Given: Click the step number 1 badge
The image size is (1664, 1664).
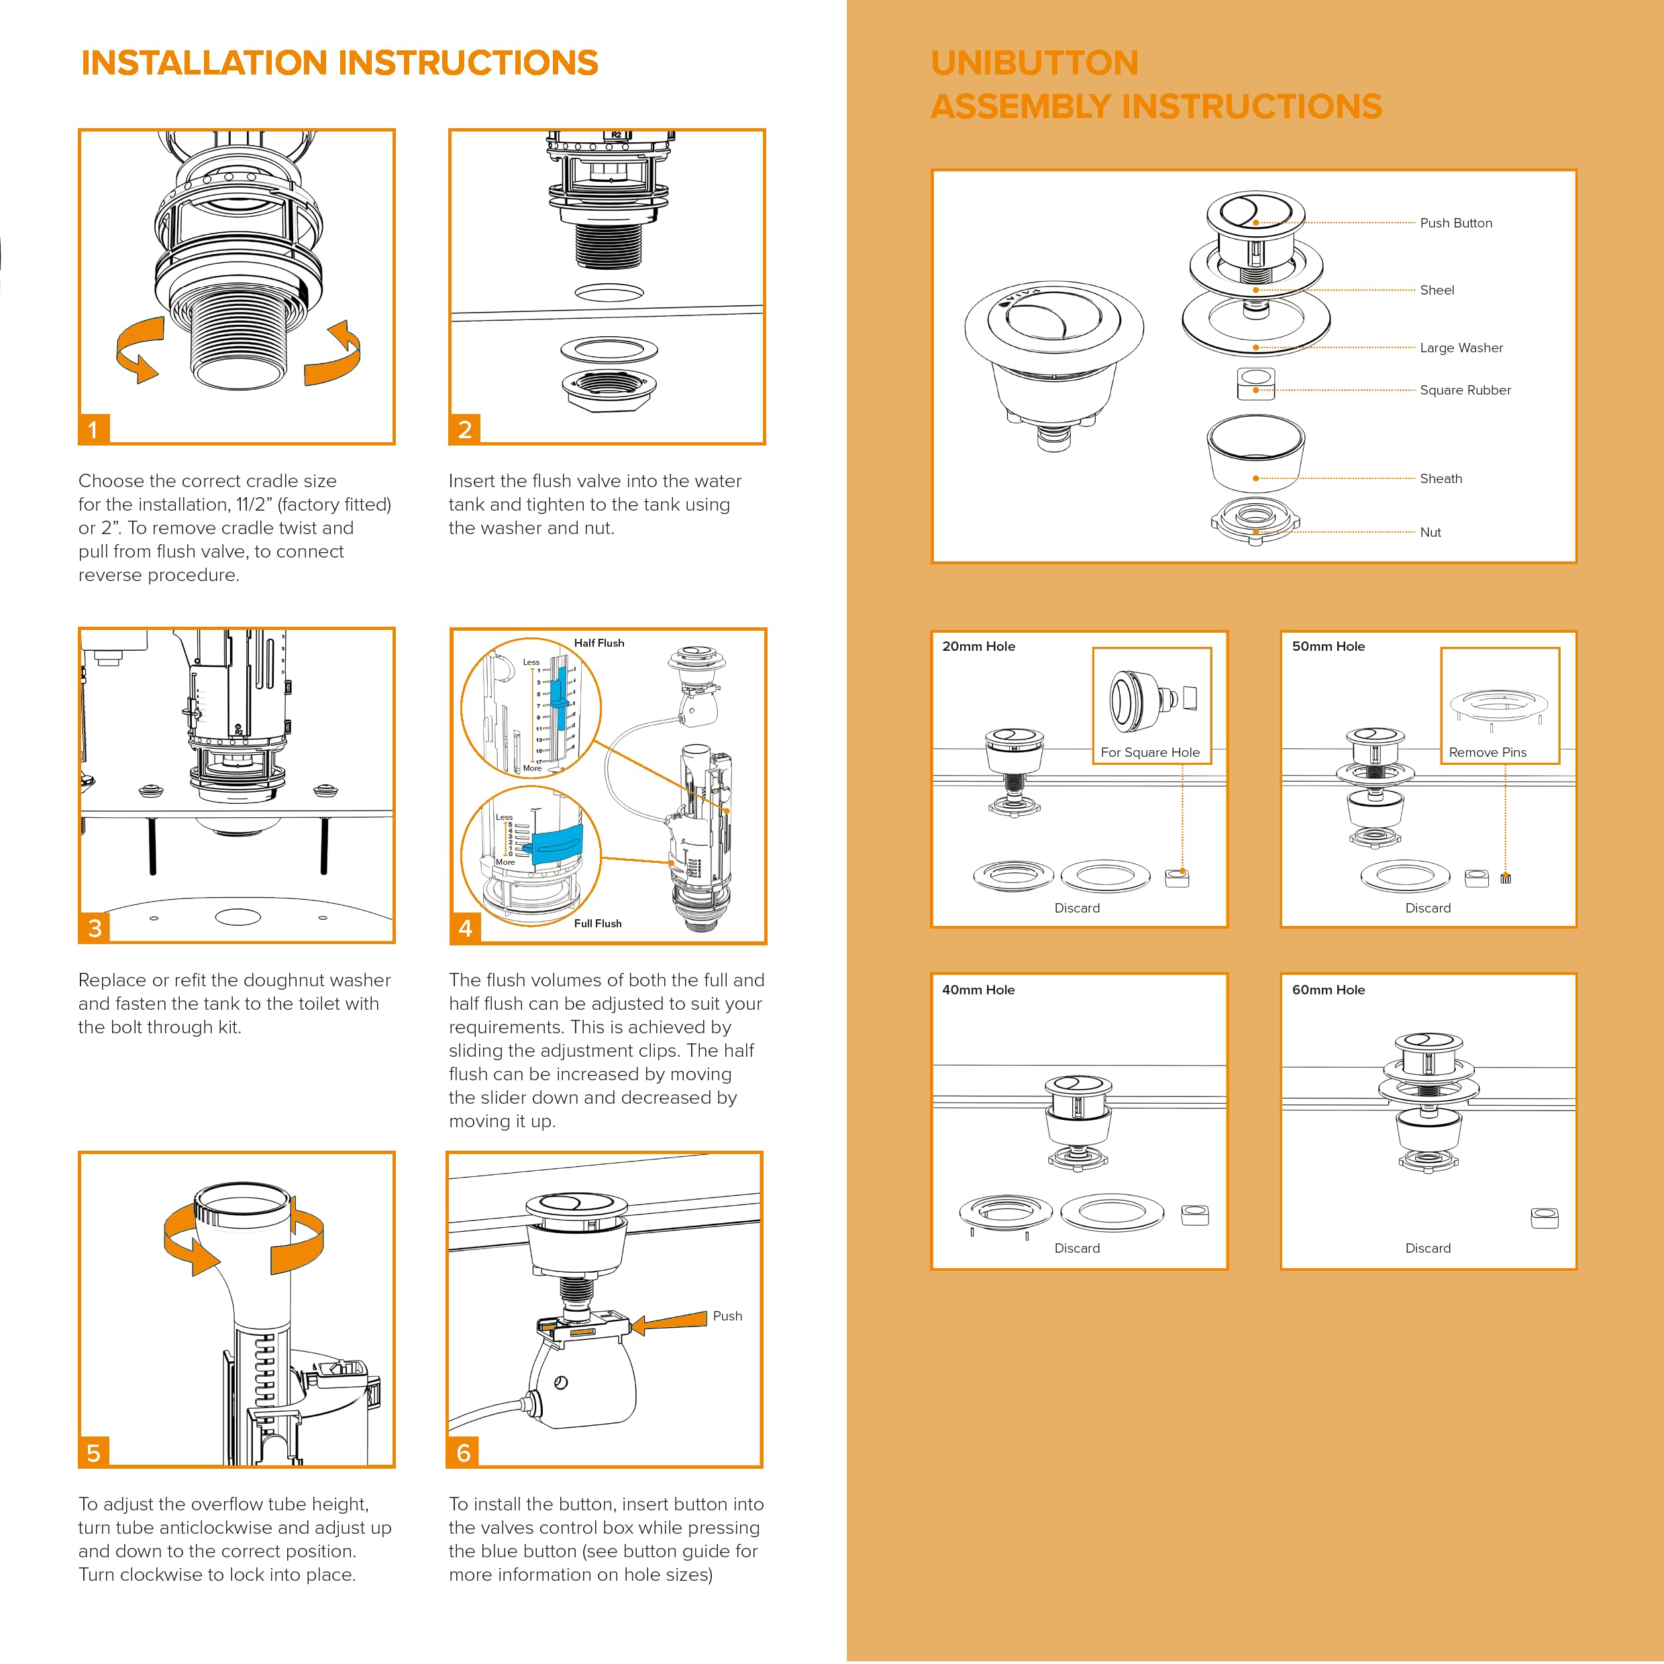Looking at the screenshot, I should [x=94, y=429].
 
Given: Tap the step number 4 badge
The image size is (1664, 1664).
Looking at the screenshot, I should [x=465, y=927].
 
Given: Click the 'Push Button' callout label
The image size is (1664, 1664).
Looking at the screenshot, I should [x=1455, y=223].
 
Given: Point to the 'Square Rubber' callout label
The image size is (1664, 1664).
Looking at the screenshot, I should [x=1465, y=390].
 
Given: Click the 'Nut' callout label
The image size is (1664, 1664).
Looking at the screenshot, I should [x=1431, y=532].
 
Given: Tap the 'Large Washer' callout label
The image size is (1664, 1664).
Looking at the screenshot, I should [x=1461, y=348].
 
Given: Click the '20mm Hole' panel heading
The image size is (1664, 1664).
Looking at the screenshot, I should [x=978, y=646].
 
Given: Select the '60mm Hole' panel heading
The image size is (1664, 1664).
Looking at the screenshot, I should [x=1328, y=990].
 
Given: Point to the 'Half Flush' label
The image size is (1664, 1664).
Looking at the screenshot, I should [x=599, y=643].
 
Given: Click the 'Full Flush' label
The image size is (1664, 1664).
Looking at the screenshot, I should [x=598, y=923].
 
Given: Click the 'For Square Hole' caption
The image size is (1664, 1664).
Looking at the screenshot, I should [x=1150, y=752].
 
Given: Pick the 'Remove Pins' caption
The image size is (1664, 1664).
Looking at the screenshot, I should [x=1488, y=752].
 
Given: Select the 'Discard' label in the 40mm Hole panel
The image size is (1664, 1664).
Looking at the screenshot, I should [x=1077, y=1248].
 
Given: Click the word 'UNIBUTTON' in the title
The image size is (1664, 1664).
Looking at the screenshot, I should [x=1035, y=63].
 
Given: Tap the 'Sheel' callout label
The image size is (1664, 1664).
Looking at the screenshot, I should [x=1437, y=291].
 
